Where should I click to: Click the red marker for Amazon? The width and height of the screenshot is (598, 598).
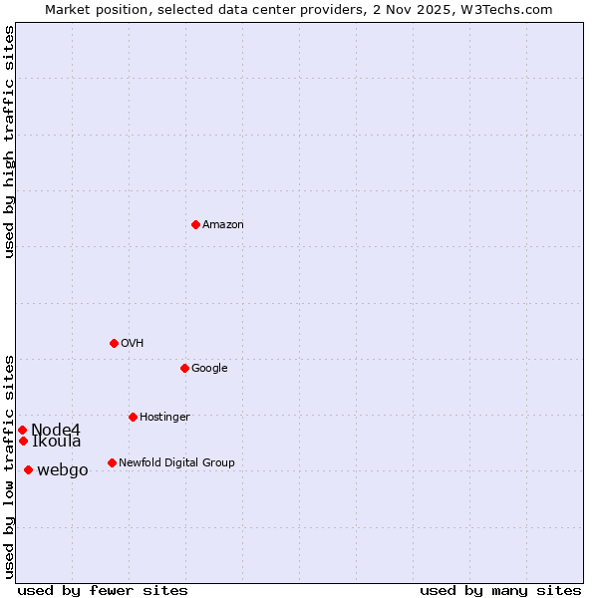195,224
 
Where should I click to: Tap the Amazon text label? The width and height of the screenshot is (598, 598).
223,225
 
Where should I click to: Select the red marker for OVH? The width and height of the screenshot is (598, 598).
114,343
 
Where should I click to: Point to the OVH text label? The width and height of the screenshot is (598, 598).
133,344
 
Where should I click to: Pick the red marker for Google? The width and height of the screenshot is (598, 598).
184,368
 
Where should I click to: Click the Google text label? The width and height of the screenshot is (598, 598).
209,369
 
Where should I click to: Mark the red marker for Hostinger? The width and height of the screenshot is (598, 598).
133,417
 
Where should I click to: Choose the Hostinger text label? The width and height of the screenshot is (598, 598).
164,418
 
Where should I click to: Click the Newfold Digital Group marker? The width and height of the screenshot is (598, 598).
112,462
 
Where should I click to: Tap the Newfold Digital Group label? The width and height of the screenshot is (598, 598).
176,463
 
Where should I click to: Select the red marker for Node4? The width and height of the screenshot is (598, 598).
22,430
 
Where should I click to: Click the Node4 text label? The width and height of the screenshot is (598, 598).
56,430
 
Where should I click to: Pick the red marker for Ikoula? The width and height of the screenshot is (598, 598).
23,441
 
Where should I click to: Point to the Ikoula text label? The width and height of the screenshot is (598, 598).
57,442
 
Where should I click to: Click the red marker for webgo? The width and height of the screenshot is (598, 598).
28,469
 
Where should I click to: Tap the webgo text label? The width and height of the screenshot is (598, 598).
63,470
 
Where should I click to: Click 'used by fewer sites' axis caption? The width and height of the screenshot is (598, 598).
103,591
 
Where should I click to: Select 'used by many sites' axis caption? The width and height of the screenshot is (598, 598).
500,591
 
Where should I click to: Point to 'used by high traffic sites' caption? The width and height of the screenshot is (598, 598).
9,142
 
